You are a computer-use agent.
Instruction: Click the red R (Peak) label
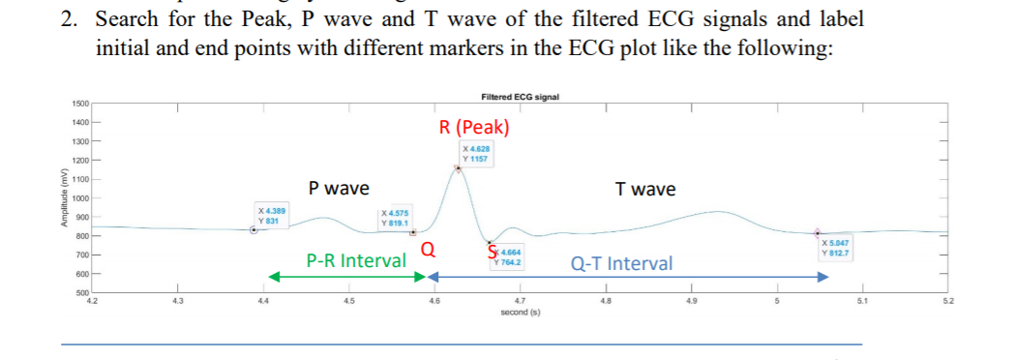click(474, 128)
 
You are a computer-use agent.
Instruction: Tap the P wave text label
click(338, 189)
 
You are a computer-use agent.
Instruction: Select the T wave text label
click(645, 190)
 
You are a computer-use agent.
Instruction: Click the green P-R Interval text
click(356, 260)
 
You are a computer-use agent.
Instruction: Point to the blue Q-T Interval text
click(621, 263)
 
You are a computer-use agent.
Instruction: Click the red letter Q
click(427, 252)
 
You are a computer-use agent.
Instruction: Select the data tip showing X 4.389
click(272, 215)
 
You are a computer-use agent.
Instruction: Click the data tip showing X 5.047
click(835, 248)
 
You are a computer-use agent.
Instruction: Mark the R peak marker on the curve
click(458, 168)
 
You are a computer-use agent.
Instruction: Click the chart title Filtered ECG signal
click(520, 97)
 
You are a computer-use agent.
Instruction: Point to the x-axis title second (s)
click(520, 313)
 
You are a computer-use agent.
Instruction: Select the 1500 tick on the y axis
click(80, 103)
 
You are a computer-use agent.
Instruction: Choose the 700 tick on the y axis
click(82, 255)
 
